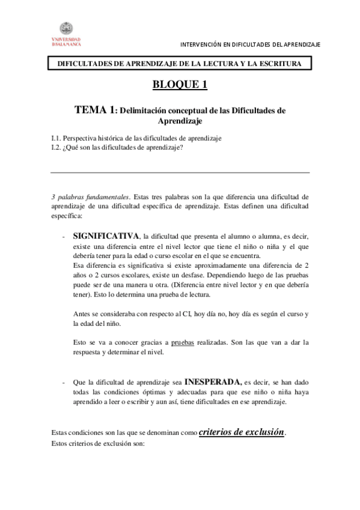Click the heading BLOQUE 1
(x=180, y=84)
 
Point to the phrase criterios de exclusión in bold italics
(x=242, y=432)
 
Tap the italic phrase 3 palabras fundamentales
(x=90, y=196)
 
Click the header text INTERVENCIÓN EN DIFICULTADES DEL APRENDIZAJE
(x=251, y=45)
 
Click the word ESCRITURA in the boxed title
(x=282, y=64)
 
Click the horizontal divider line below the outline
(x=180, y=173)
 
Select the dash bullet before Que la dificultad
(x=64, y=382)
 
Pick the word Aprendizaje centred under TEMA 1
(x=179, y=121)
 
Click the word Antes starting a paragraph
(x=82, y=314)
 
